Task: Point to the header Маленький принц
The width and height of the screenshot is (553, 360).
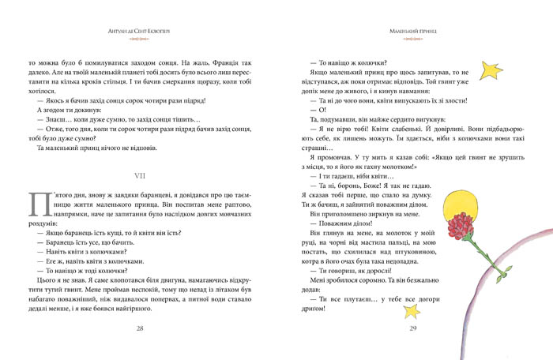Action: (x=412, y=31)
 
